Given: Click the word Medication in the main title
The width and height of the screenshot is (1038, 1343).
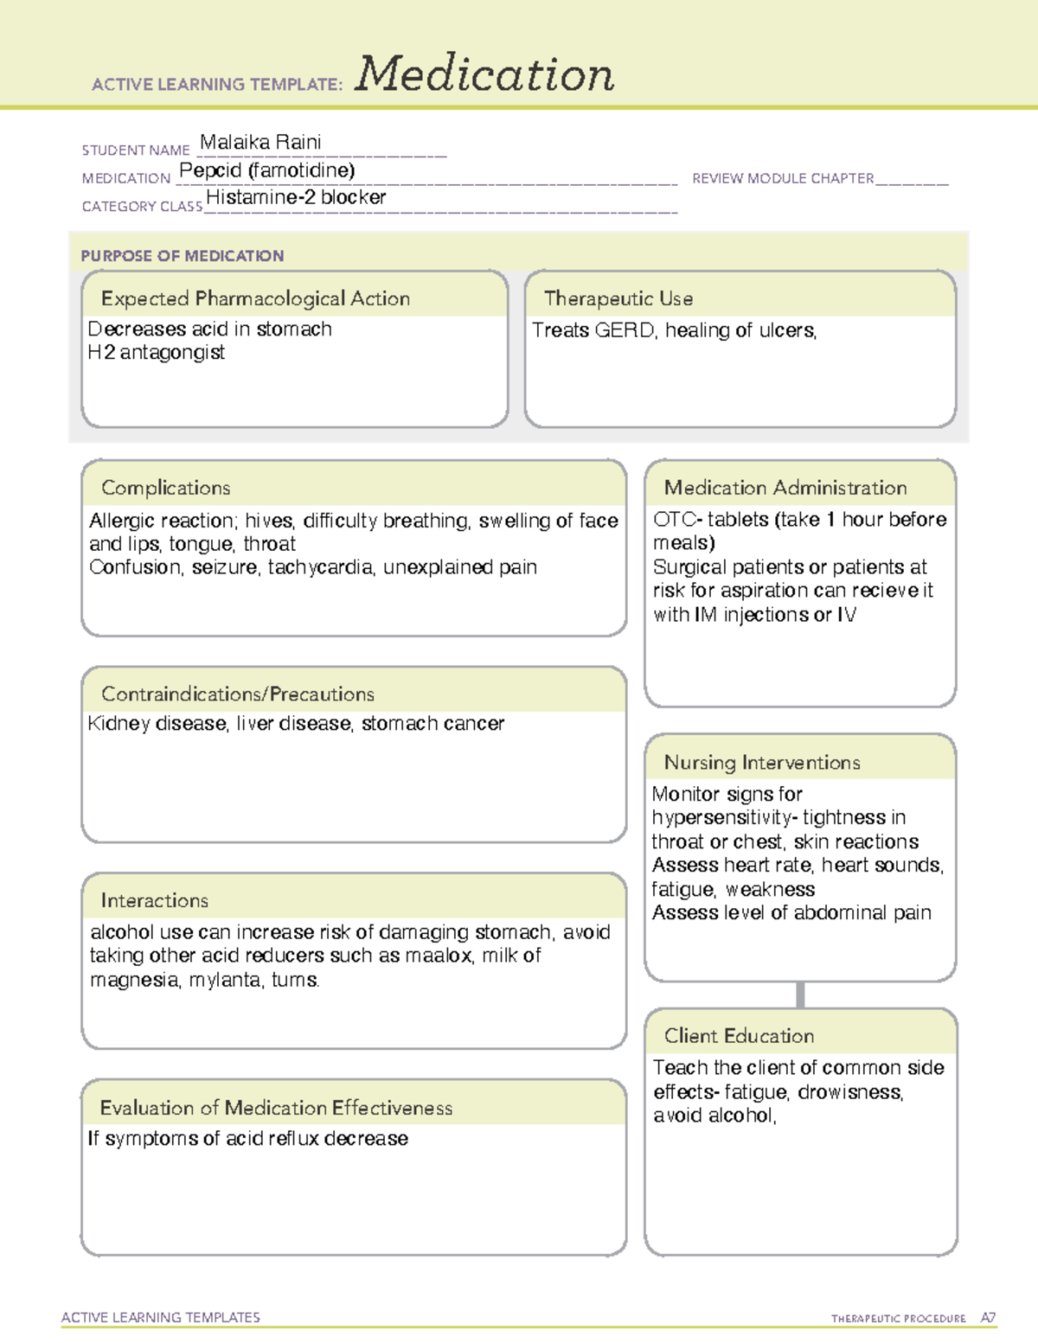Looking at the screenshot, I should pos(484,74).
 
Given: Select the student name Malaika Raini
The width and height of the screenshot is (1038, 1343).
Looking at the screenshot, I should pos(260,142).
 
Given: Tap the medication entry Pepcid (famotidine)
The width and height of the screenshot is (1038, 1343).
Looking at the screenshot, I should pos(266,170).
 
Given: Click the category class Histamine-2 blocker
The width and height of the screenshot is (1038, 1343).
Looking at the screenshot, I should pos(296,197).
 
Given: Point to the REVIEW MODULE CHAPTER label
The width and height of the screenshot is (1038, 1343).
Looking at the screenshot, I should pos(783,178).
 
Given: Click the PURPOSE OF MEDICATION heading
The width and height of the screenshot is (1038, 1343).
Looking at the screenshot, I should pos(183,256).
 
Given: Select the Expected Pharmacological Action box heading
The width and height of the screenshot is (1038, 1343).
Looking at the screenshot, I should pos(255,298).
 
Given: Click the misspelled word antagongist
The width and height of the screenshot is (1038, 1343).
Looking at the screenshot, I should pos(172,353).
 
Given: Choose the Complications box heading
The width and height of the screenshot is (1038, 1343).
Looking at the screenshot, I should pos(166,488).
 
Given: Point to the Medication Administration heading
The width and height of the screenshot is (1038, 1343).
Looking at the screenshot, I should pos(785,488).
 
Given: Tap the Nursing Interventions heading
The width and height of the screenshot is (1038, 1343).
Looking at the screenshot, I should pos(762,763).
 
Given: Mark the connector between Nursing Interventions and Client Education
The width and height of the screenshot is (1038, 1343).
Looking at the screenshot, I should pos(800,995).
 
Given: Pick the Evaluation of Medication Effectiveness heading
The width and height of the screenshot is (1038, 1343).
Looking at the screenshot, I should pos(276,1108).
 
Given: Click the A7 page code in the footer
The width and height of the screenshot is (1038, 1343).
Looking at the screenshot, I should pos(988,1318).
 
